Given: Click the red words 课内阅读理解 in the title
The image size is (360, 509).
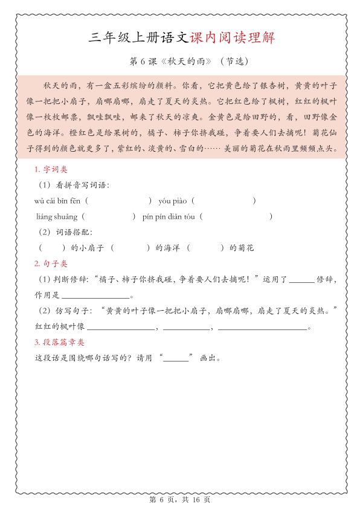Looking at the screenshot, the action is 233,38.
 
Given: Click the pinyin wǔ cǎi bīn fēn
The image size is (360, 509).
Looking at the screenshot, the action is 59,200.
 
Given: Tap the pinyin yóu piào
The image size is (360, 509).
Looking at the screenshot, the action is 173,200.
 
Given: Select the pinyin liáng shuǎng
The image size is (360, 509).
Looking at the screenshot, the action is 57,216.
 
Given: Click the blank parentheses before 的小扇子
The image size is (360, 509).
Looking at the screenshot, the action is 52,248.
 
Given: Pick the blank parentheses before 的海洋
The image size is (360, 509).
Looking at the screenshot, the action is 130,248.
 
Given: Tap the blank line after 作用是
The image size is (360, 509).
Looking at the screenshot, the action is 95,296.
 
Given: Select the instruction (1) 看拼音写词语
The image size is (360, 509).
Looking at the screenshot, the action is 74,184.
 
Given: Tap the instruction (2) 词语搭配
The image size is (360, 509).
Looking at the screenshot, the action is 66,232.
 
